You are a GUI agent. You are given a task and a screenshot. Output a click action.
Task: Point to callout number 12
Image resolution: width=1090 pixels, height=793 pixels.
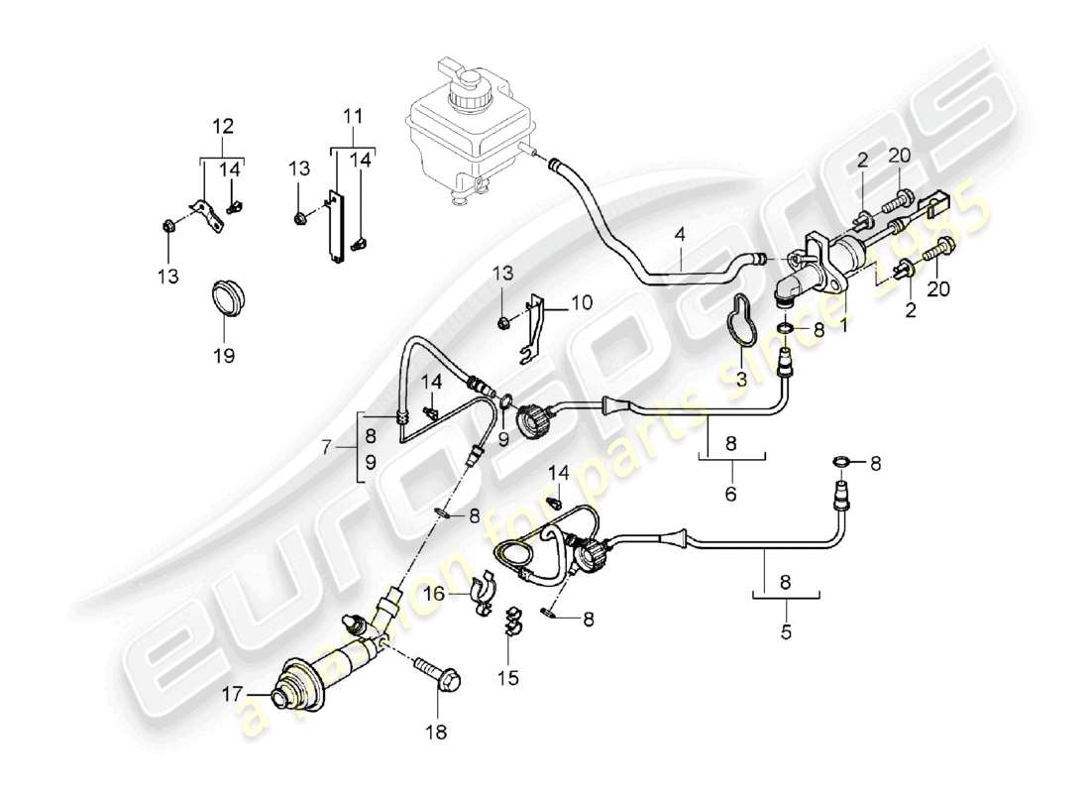pos(223,126)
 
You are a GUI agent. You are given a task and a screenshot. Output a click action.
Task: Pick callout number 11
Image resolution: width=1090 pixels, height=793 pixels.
pos(351,116)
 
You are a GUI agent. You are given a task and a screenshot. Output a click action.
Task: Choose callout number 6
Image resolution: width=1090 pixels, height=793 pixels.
pos(731,493)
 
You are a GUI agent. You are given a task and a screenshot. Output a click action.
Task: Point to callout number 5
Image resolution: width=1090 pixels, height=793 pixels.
pos(786,629)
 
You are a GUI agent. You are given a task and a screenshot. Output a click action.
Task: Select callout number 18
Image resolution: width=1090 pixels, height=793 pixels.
pos(436,733)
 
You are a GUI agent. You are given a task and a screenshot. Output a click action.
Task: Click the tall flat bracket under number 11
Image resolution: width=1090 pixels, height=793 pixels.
pos(339,227)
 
